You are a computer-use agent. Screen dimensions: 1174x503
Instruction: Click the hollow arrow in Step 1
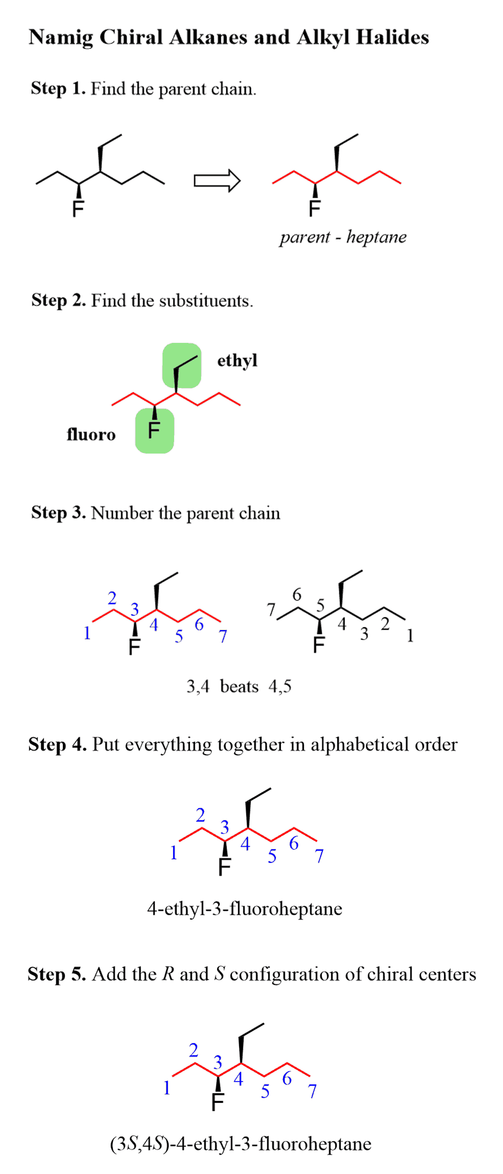217,181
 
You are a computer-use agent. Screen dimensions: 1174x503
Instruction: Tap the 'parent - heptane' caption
343,237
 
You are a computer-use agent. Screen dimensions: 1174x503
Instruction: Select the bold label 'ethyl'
237,361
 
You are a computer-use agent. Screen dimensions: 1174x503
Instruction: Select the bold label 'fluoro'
91,435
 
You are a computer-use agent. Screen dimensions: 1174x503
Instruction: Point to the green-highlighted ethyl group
182,365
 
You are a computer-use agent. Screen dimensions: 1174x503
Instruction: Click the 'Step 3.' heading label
58,512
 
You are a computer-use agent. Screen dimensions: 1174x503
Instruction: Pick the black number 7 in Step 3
271,609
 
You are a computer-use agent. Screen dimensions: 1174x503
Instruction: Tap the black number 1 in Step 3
410,636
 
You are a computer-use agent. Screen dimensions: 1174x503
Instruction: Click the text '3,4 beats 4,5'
239,686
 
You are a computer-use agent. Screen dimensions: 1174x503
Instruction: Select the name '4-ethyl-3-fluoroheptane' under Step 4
245,908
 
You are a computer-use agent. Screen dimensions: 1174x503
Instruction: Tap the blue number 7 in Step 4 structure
319,856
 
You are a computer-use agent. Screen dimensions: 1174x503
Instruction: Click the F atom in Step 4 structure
224,867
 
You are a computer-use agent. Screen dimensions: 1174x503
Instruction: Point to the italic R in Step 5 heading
169,974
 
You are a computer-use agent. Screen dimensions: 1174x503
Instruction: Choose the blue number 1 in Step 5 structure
167,1088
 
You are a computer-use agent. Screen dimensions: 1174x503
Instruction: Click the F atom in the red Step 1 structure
315,209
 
